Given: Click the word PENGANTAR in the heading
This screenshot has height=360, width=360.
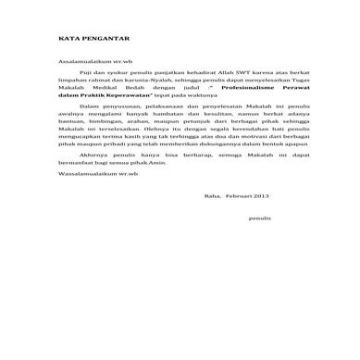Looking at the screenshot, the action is click(106, 39).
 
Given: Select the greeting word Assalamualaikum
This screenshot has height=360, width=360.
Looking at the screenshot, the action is click(83, 57).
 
